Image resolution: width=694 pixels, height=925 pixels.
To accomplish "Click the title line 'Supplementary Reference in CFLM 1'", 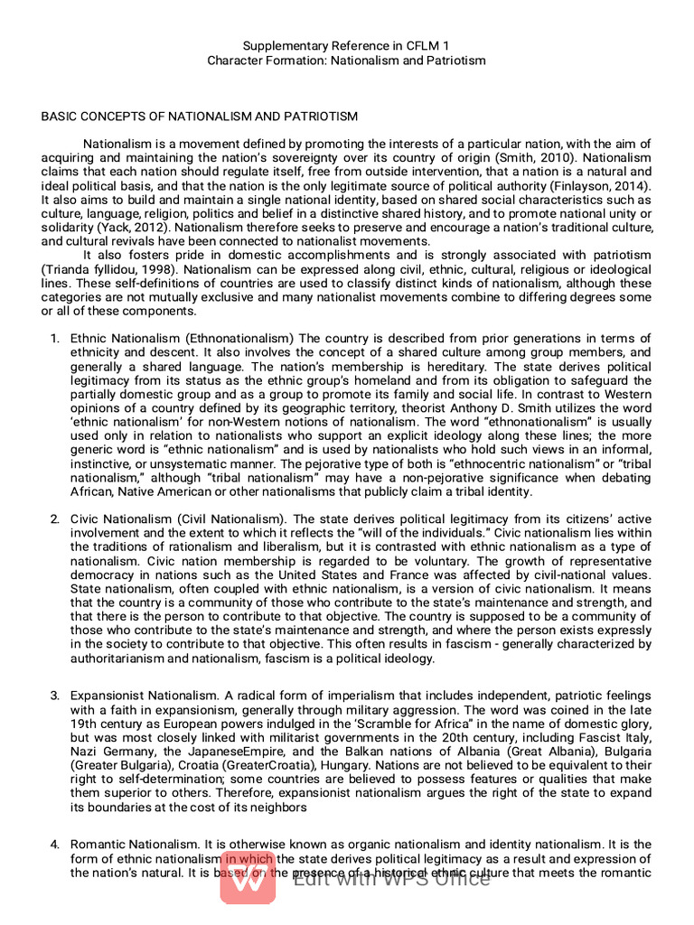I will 346,45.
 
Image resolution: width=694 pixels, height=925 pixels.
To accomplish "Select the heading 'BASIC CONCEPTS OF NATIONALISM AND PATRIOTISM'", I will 200,117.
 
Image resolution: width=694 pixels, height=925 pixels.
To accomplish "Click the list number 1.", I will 54,339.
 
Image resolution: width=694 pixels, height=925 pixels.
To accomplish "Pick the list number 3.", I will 54,696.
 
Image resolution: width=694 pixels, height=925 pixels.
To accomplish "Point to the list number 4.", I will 54,844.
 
